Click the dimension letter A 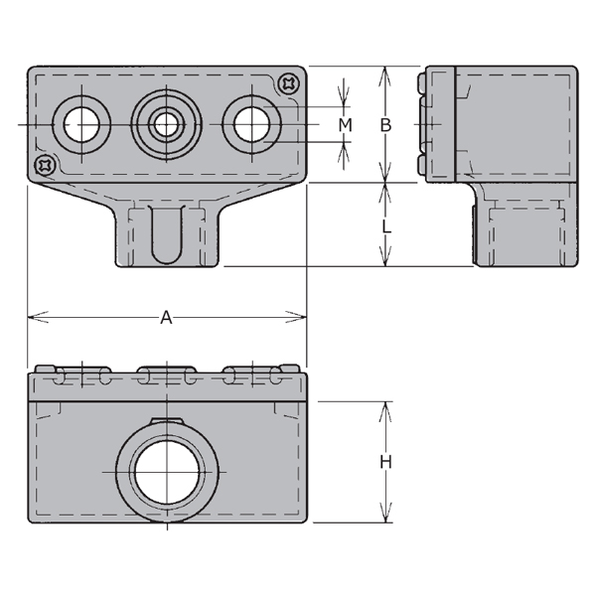(x=167, y=317)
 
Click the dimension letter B (x=386, y=125)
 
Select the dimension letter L (x=386, y=226)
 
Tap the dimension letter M (x=345, y=125)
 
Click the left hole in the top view (x=82, y=124)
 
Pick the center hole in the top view (x=165, y=124)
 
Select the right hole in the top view (x=250, y=124)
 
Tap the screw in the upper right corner (x=289, y=83)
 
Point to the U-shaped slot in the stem (x=167, y=233)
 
